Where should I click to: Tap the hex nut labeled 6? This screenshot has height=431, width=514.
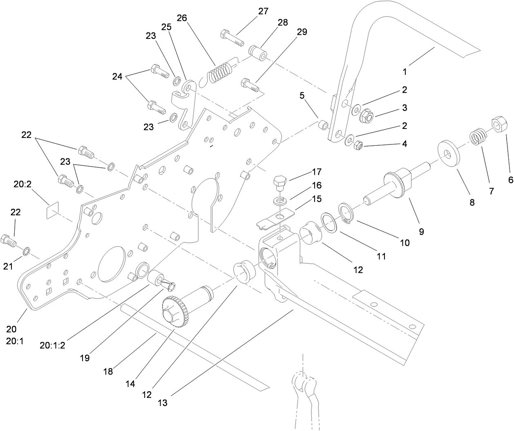tap(498, 123)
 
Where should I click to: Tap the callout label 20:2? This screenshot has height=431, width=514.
tap(22, 185)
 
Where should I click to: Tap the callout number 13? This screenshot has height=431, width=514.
tap(162, 403)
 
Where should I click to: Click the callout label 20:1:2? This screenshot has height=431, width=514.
tap(52, 345)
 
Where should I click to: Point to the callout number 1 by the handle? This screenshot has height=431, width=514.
tap(404, 72)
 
